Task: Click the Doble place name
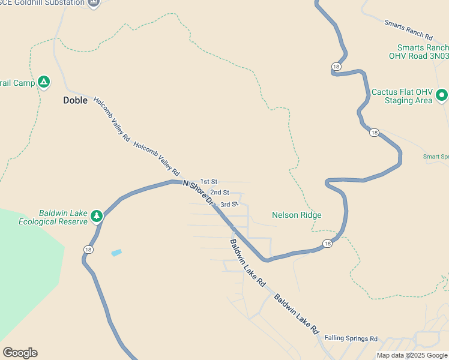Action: click(x=76, y=100)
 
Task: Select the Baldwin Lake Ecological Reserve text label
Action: click(x=53, y=217)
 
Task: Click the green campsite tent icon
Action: click(x=43, y=82)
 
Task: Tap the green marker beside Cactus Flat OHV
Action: click(x=442, y=95)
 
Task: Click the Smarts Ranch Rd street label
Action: click(x=408, y=29)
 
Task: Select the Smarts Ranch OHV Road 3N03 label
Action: click(x=418, y=52)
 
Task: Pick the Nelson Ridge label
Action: click(x=297, y=215)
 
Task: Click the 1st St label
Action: click(x=208, y=181)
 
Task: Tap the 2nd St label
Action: click(x=220, y=192)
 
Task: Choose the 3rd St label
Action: click(x=229, y=205)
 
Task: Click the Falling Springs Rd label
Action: click(x=351, y=338)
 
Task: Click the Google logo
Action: click(x=20, y=353)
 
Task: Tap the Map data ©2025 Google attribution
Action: click(x=412, y=355)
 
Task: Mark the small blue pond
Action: click(x=116, y=253)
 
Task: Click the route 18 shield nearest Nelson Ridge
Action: click(x=327, y=243)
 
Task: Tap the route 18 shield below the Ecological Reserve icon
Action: click(x=89, y=250)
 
